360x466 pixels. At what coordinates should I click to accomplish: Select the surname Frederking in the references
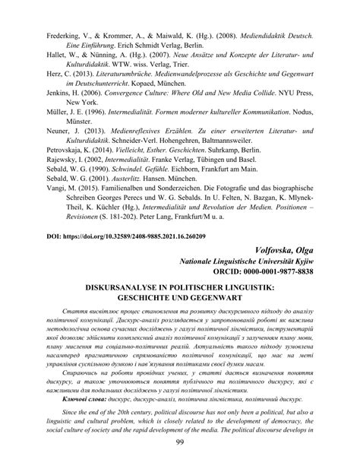43,13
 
